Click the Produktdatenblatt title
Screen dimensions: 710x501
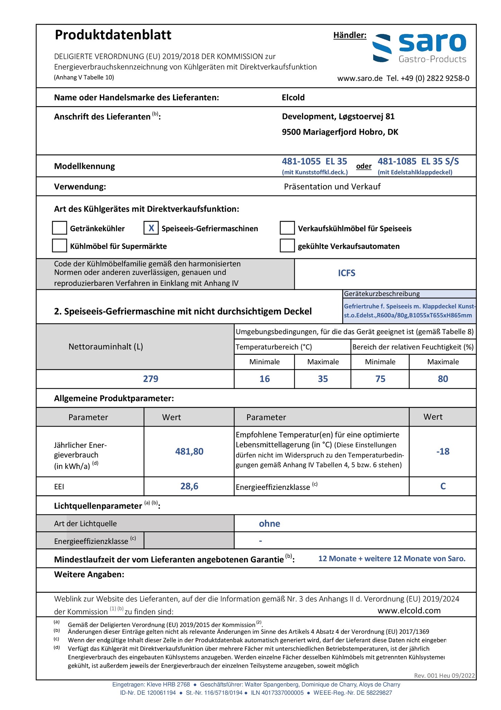113,35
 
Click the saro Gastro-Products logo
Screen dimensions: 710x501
419,48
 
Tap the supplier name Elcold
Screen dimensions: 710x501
293,97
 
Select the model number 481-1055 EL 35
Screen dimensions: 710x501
314,161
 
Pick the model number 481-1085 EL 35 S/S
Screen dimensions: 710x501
418,161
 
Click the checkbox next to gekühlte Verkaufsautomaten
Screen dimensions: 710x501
287,246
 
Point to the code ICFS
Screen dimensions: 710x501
347,273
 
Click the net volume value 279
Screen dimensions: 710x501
151,379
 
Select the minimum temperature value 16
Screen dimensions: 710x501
265,379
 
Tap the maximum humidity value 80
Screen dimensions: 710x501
443,379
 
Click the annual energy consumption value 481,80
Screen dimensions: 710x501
189,451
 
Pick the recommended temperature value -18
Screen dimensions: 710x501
443,451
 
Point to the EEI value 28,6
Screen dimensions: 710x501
189,486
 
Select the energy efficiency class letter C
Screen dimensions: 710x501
443,486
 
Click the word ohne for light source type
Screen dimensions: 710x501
269,523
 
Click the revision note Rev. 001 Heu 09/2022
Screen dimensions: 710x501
444,675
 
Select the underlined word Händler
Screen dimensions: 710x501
350,35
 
